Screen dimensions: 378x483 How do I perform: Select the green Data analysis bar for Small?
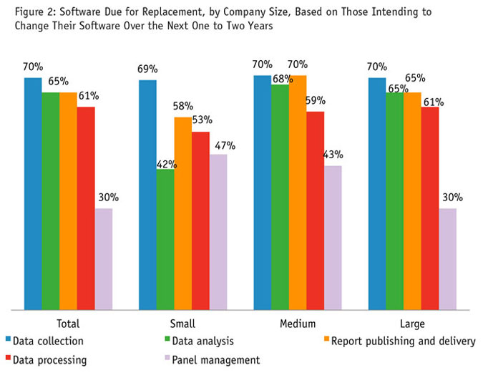pyautogui.click(x=165, y=239)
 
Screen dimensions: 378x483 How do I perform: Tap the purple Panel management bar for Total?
pyautogui.click(x=104, y=259)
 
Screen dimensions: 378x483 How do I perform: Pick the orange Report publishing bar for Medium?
pyautogui.click(x=298, y=193)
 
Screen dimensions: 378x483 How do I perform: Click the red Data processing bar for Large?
pyautogui.click(x=430, y=208)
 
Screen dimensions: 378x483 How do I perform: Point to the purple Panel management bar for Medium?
pyautogui.click(x=333, y=238)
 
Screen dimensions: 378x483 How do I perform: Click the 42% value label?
pyautogui.click(x=166, y=163)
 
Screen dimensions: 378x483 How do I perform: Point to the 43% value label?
pyautogui.click(x=333, y=155)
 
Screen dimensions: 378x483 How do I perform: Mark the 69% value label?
pyautogui.click(x=149, y=69)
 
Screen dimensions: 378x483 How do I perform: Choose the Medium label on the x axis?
pyautogui.click(x=298, y=324)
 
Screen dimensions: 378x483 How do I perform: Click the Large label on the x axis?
pyautogui.click(x=413, y=324)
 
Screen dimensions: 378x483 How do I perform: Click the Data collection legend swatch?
pyautogui.click(x=9, y=341)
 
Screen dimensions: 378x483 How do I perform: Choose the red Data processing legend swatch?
pyautogui.click(x=9, y=359)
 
